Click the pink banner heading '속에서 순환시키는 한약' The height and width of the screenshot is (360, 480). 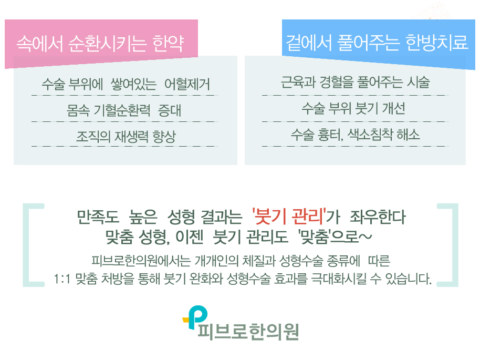[100, 43]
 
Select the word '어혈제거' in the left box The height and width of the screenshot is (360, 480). [187, 84]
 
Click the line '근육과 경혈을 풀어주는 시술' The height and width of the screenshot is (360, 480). [355, 83]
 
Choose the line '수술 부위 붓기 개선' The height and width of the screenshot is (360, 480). [353, 109]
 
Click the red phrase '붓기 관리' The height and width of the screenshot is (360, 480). [288, 216]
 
